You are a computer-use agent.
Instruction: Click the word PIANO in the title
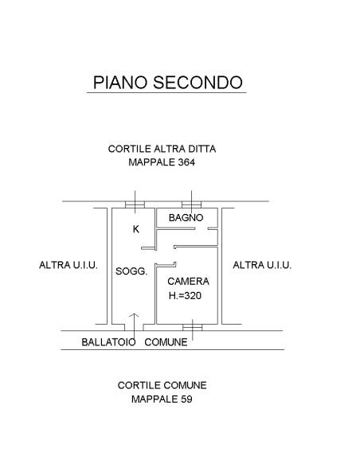(120, 83)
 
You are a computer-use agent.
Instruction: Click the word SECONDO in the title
(198, 83)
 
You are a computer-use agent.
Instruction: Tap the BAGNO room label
(186, 217)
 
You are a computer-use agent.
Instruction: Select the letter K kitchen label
(136, 229)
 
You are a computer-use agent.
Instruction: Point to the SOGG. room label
(131, 271)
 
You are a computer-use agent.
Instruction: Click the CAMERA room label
(188, 282)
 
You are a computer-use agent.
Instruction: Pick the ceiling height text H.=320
(185, 296)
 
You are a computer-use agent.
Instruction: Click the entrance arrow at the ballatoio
(134, 329)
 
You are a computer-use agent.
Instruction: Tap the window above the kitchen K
(135, 204)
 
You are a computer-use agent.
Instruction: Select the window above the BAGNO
(191, 204)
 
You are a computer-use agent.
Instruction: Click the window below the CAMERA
(193, 327)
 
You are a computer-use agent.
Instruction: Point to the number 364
(186, 162)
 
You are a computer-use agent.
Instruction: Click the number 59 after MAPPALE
(186, 399)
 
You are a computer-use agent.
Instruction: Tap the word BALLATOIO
(108, 342)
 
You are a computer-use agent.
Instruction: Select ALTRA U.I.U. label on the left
(68, 265)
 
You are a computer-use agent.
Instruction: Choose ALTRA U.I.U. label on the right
(262, 265)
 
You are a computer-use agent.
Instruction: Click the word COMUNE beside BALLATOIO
(166, 342)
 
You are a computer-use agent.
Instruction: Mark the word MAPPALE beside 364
(152, 162)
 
